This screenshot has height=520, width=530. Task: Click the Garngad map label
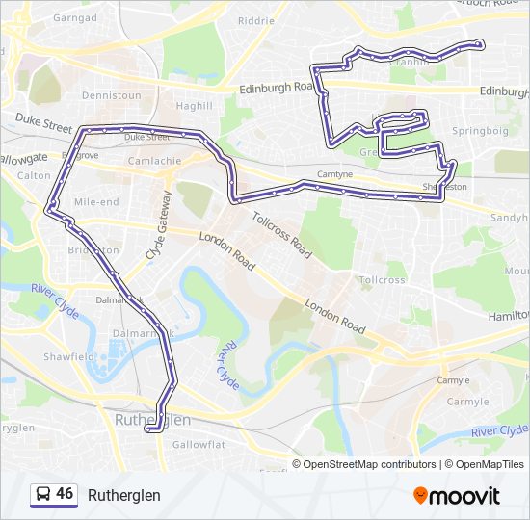[x=76, y=17]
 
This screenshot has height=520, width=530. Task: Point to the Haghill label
[x=194, y=106]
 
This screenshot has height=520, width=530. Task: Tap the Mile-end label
[x=96, y=202]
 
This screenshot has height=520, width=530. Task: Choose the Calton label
[x=34, y=175]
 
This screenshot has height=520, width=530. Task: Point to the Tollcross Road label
[x=281, y=235]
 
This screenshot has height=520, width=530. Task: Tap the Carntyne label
[x=335, y=175]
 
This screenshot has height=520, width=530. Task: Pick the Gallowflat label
[x=198, y=445]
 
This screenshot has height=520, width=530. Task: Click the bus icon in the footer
[x=42, y=495]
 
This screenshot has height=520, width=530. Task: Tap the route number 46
[x=65, y=494]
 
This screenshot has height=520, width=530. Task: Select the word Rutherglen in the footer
[x=124, y=495]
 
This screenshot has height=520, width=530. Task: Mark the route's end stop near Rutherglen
[x=148, y=429]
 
